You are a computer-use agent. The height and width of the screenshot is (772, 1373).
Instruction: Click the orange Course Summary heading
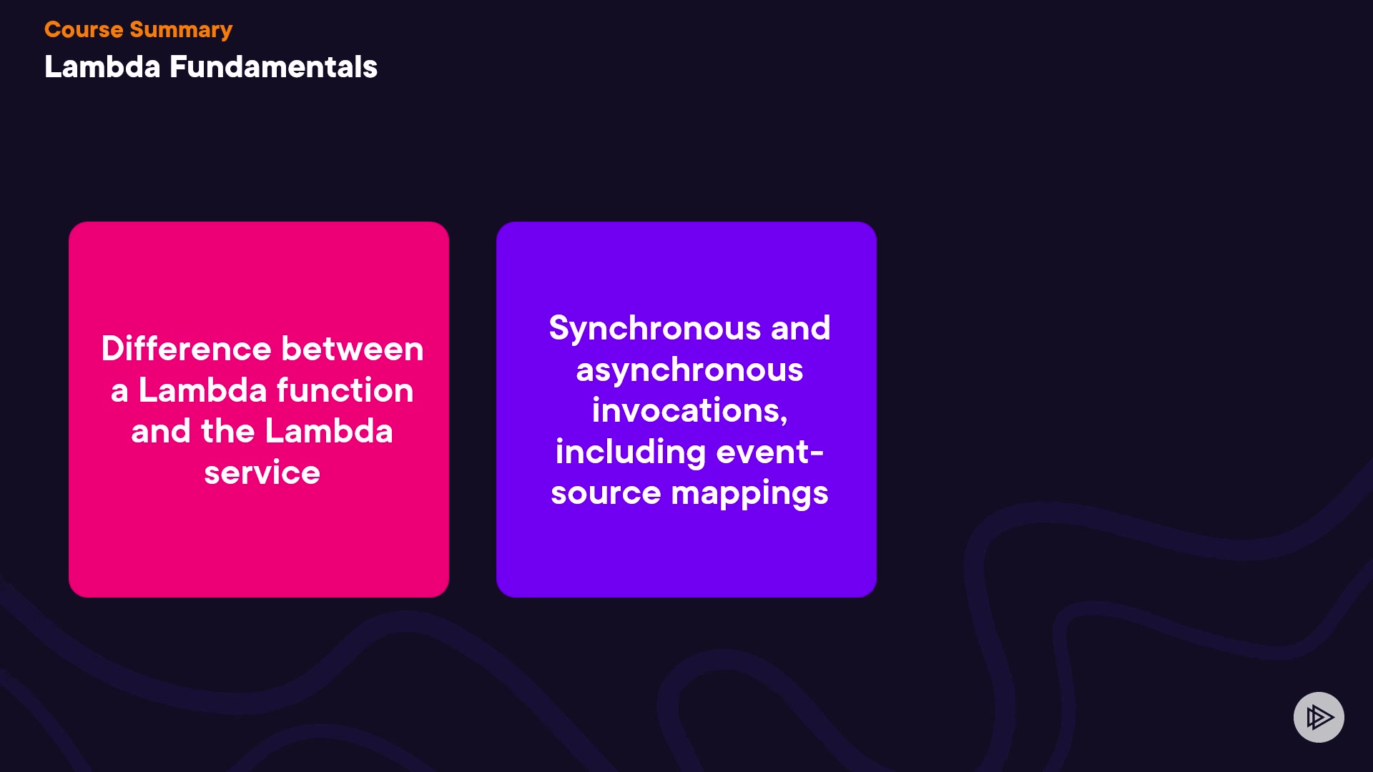138,30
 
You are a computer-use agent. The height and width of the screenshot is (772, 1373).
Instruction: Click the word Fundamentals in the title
273,67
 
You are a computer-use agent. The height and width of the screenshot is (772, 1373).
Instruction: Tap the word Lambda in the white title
102,67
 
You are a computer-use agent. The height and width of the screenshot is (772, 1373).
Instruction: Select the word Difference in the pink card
186,349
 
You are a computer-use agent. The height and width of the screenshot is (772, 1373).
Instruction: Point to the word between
353,349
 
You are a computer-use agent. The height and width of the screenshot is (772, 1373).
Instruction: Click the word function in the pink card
345,390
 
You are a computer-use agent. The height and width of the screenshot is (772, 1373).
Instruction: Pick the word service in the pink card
262,473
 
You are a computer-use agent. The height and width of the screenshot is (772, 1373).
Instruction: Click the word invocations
687,410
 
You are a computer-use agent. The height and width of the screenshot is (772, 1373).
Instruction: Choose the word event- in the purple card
770,452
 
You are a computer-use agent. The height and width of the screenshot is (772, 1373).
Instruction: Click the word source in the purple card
606,493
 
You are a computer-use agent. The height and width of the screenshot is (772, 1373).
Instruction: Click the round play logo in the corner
1319,717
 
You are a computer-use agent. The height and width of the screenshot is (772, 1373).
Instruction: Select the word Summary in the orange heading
181,30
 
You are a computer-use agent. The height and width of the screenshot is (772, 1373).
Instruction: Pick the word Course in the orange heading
84,29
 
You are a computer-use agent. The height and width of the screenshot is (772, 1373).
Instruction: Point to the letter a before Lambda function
119,392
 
